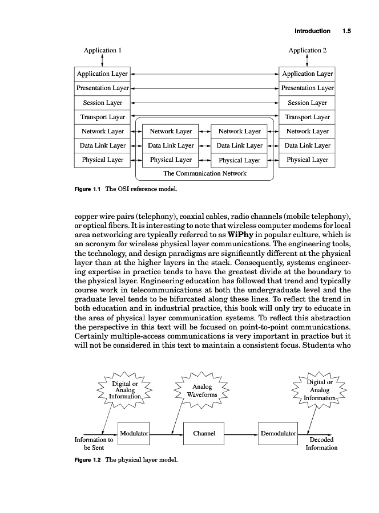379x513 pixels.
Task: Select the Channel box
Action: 204,433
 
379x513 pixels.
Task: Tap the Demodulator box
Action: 279,433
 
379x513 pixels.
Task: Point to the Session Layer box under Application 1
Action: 103,103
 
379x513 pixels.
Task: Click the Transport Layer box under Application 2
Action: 307,117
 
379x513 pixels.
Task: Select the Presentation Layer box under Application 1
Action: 103,88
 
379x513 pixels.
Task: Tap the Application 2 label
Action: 307,50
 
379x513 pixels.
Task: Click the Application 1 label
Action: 103,50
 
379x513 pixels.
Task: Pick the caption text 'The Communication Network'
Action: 205,173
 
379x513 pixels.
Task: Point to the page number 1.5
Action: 346,31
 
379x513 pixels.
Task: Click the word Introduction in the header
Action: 312,31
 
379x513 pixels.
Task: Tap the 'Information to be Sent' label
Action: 94,443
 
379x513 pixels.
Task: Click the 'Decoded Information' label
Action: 321,443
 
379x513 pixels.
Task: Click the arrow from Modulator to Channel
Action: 167,434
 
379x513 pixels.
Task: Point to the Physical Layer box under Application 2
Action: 307,160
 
